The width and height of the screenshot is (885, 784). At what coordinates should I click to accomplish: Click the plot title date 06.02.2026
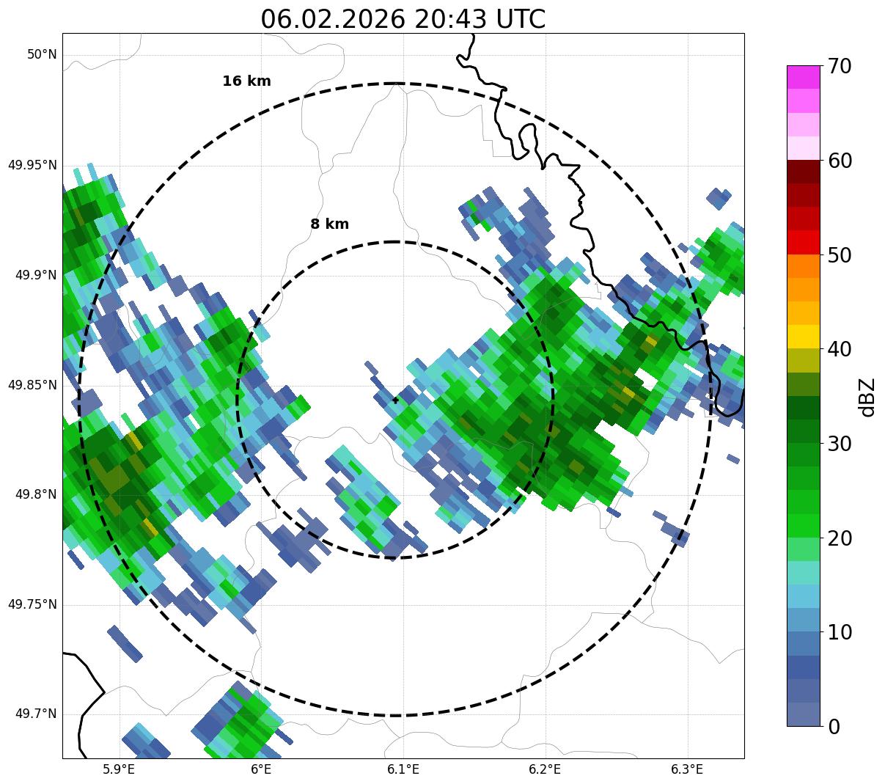coord(332,19)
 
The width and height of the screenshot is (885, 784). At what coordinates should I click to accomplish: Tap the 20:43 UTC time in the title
coord(480,19)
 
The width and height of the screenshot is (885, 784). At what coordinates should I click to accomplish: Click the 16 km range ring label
coord(246,81)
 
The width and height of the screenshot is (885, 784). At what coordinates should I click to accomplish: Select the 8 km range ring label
coord(329,224)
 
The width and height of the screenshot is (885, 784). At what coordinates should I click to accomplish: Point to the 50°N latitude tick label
coord(42,54)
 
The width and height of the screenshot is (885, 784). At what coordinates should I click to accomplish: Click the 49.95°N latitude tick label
coord(32,164)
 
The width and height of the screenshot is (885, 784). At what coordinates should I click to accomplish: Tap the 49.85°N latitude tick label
coord(32,384)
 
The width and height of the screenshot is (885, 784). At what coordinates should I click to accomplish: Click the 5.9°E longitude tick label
coord(119,769)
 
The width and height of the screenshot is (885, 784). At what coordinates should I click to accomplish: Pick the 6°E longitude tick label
coord(261,769)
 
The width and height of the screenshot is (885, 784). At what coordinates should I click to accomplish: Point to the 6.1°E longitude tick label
coord(403,769)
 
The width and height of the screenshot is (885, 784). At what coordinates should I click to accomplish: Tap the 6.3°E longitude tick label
coord(687,769)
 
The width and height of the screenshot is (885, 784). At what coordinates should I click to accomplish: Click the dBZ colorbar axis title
coord(867,397)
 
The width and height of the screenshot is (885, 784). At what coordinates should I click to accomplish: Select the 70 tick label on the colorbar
coord(840,66)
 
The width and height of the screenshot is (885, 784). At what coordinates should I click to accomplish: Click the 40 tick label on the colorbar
coord(840,349)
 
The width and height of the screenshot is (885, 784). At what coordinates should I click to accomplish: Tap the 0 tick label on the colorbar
coord(834,727)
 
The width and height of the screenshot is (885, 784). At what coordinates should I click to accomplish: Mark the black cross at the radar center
coord(396,400)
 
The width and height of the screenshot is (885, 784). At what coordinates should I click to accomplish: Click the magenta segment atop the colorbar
coord(803,77)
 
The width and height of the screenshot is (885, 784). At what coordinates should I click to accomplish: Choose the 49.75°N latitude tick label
coord(32,604)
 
